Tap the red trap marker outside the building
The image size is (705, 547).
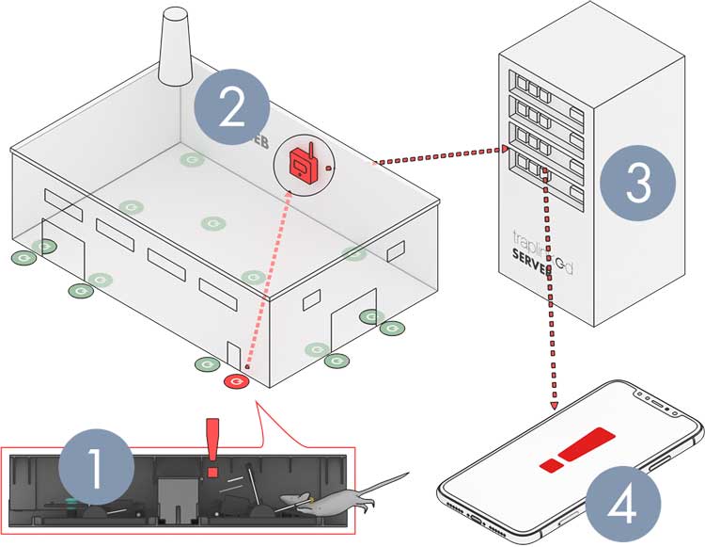236,381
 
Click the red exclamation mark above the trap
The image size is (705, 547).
211,447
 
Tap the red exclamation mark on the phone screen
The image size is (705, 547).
576,450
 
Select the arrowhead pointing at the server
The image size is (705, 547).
501,148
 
